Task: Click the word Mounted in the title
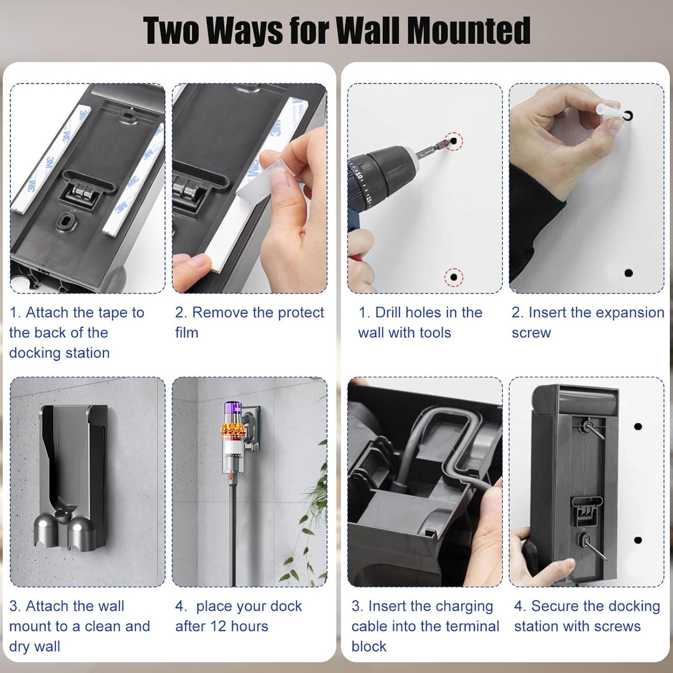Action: [x=468, y=31]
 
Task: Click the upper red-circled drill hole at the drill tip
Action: [x=454, y=141]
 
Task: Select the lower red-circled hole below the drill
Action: [x=453, y=277]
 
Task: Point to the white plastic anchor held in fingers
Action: [x=609, y=111]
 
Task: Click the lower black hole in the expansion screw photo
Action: [x=628, y=273]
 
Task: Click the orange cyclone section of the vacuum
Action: [x=233, y=429]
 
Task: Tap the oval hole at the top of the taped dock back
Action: [x=128, y=115]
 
